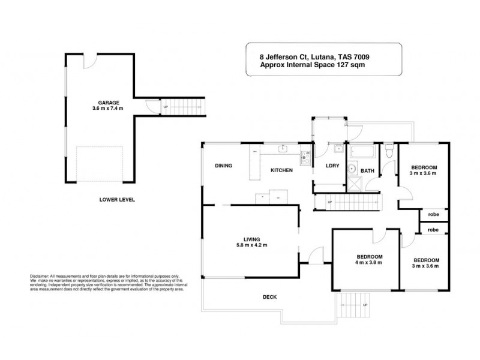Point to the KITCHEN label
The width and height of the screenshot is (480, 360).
click(x=281, y=170)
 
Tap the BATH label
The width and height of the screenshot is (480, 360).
click(x=368, y=170)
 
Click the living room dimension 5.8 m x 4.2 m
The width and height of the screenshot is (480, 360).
click(x=251, y=245)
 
